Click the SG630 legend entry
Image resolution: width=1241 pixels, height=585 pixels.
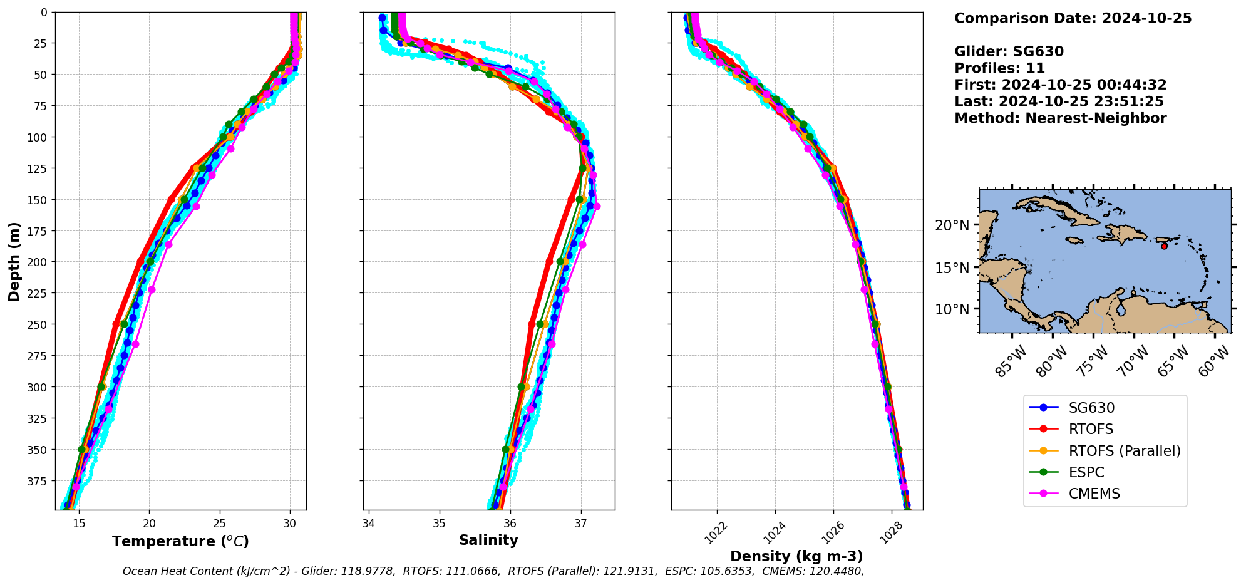pyautogui.click(x=1091, y=408)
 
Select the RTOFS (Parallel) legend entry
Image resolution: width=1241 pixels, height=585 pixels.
pyautogui.click(x=1124, y=451)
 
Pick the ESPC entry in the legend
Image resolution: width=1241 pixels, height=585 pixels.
pyautogui.click(x=1086, y=472)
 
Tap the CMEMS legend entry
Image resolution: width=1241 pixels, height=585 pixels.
pyautogui.click(x=1094, y=494)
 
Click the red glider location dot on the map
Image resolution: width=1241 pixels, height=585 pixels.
pyautogui.click(x=1164, y=246)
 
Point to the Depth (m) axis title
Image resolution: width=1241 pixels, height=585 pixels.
pyautogui.click(x=14, y=261)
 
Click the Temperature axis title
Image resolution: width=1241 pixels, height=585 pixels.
pyautogui.click(x=180, y=541)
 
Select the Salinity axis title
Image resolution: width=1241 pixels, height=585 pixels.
pyautogui.click(x=488, y=540)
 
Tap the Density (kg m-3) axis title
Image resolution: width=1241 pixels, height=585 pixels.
pyautogui.click(x=796, y=556)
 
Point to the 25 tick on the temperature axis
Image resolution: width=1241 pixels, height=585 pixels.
pyautogui.click(x=219, y=523)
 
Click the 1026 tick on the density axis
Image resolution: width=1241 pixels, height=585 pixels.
pyautogui.click(x=830, y=532)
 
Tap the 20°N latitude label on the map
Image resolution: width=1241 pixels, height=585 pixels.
pyautogui.click(x=952, y=225)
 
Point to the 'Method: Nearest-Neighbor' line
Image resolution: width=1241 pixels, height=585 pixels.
pyautogui.click(x=1060, y=118)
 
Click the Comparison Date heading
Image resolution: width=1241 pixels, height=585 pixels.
pyautogui.click(x=1073, y=18)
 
